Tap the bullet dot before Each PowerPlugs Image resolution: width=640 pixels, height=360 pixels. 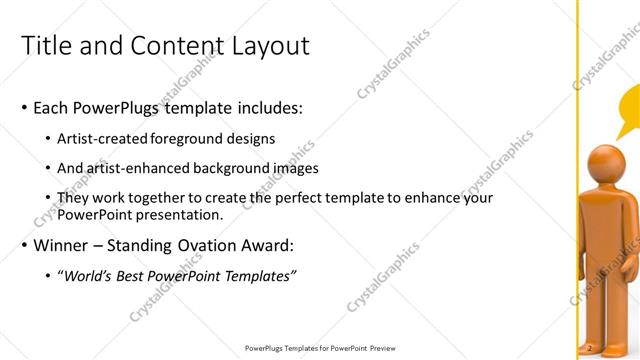(24, 108)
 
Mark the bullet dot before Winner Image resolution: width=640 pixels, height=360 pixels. (24, 246)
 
